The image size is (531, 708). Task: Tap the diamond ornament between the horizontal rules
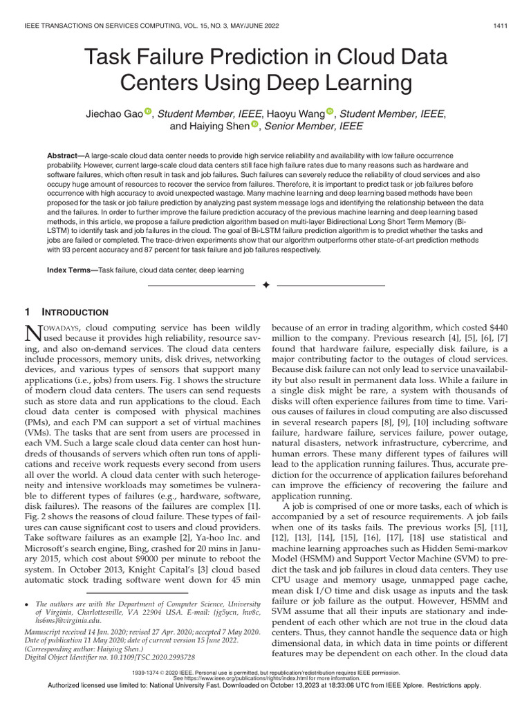click(x=265, y=285)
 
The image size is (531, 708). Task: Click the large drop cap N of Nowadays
click(x=34, y=332)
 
